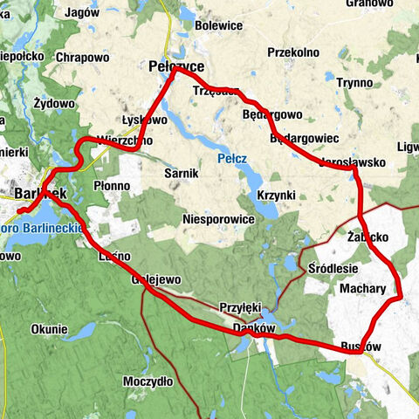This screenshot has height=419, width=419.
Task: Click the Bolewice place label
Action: click(x=218, y=26)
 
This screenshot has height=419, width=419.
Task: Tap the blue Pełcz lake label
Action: click(x=231, y=160)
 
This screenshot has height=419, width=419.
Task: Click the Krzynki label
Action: click(x=277, y=194)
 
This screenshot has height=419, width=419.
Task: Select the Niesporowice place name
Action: click(x=218, y=219)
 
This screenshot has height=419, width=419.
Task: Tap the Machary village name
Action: click(x=363, y=287)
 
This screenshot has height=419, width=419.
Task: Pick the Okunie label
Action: click(x=49, y=329)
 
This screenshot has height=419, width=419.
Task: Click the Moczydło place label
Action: click(x=148, y=381)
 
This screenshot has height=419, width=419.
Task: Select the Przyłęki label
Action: click(x=241, y=307)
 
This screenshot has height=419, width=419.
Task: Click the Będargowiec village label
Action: click(x=305, y=139)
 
